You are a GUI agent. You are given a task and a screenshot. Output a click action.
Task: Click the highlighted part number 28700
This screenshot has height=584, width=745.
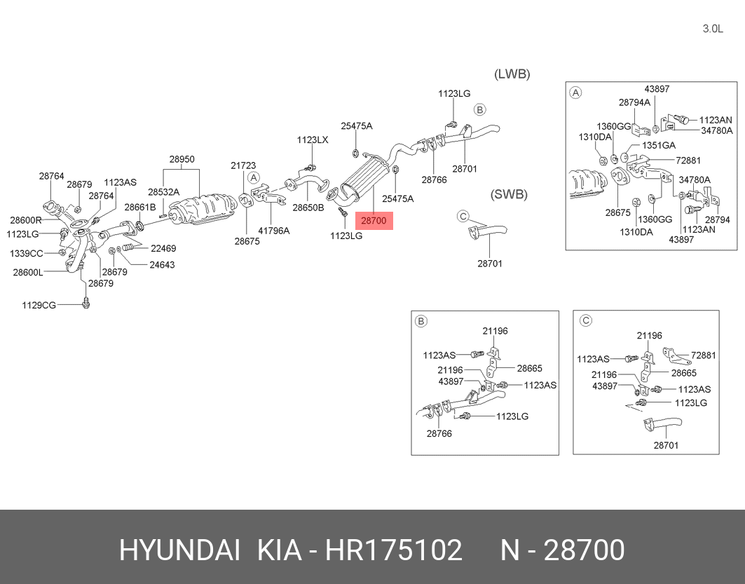(374, 220)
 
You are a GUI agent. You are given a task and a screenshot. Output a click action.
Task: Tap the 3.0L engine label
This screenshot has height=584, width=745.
(713, 29)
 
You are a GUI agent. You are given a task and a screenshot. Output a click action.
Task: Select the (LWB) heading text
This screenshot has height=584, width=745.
(512, 74)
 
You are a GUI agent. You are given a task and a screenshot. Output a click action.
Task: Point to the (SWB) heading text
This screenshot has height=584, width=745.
(509, 194)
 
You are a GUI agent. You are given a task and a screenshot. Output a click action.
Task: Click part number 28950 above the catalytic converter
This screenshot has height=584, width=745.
(182, 159)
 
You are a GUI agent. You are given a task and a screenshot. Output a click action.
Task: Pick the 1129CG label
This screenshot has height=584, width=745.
(39, 305)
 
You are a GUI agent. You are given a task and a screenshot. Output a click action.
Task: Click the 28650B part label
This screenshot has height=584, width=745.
(308, 208)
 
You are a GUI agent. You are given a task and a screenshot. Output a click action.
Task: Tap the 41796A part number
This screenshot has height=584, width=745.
(273, 231)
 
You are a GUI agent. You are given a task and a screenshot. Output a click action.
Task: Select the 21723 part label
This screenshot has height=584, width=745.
(243, 165)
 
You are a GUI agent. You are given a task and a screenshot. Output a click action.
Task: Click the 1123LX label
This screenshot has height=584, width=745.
(313, 140)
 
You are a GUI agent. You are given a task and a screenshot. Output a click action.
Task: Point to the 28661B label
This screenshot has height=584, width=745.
(140, 208)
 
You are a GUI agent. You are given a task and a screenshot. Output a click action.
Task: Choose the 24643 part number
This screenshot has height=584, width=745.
(162, 265)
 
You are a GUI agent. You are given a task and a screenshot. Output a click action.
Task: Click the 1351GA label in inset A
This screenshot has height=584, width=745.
(659, 145)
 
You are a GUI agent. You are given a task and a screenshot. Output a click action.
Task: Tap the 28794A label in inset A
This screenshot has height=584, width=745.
(634, 102)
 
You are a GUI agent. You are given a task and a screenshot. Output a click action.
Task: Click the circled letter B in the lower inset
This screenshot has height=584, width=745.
(421, 322)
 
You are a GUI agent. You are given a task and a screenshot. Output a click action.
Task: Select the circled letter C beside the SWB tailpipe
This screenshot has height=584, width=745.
(463, 217)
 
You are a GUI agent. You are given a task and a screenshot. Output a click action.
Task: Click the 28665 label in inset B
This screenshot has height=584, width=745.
(529, 368)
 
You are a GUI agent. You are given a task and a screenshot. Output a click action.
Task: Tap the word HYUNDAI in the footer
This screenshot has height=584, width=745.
(179, 550)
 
